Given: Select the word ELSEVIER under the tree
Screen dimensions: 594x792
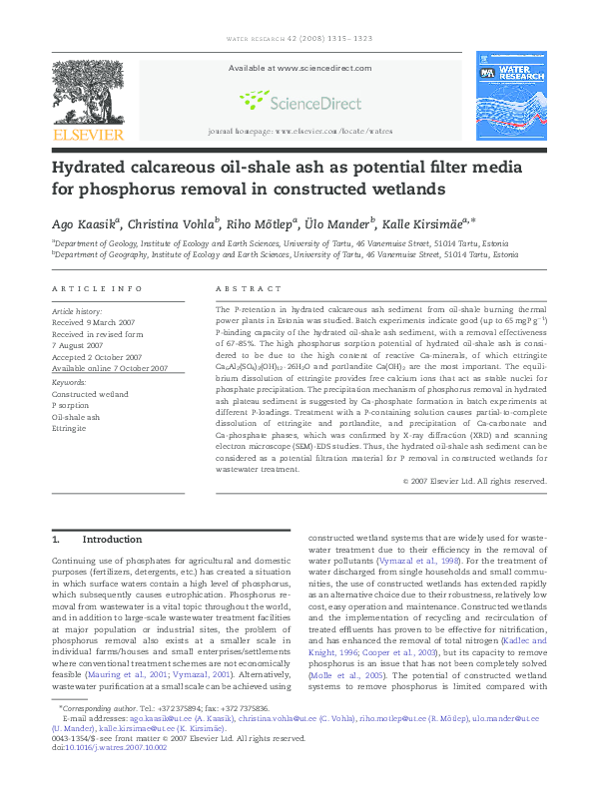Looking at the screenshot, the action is coord(88,135).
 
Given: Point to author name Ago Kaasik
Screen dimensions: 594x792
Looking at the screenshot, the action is coord(86,224).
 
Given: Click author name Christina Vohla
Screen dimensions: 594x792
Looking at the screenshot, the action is coord(178,224).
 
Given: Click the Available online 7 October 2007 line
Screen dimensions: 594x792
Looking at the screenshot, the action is coord(110,368).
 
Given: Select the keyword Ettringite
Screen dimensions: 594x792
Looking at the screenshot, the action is coord(70,428).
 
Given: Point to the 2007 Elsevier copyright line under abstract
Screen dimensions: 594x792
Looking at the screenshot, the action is coord(475,481).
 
